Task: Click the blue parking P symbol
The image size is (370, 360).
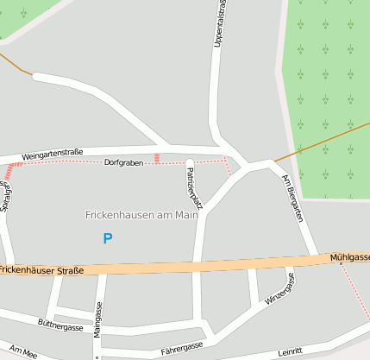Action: tap(107, 238)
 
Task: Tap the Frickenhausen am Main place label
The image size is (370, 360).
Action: tap(141, 215)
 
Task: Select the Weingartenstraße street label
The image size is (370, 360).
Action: tap(53, 153)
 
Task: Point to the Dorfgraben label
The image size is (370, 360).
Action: tap(123, 162)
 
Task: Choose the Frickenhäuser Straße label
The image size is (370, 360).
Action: tap(42, 270)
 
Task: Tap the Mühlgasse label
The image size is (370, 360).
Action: tap(349, 257)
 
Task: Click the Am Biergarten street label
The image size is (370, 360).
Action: tap(294, 199)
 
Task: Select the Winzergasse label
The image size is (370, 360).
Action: tap(280, 288)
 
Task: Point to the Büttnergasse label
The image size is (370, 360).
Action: tap(60, 327)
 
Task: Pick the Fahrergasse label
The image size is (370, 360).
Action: tap(181, 347)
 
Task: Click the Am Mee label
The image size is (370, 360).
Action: tap(19, 353)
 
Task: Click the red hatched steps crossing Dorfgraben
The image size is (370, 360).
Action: tap(156, 158)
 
